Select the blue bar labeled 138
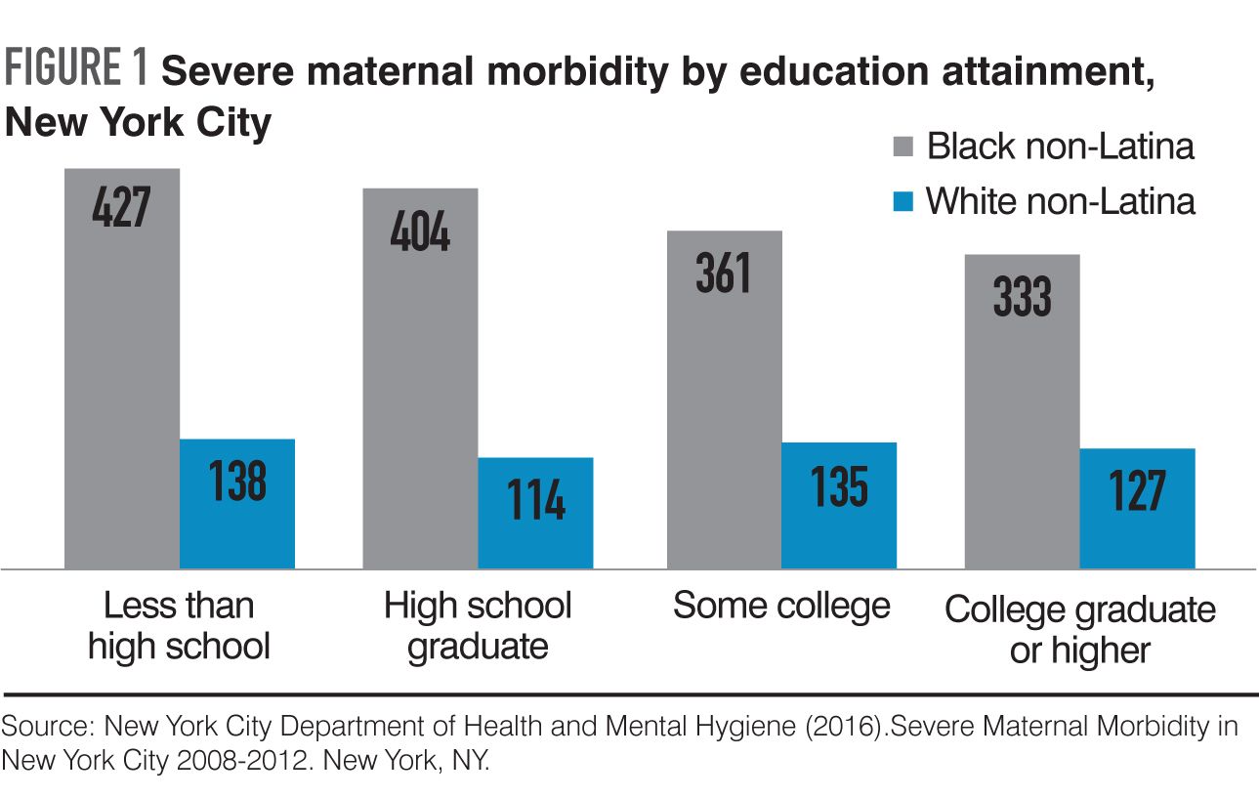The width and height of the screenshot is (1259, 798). click(x=237, y=504)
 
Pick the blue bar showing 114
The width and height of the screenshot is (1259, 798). click(x=535, y=514)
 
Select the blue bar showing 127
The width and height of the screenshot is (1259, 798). click(x=1137, y=509)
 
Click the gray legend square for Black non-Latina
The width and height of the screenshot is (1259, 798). click(x=903, y=147)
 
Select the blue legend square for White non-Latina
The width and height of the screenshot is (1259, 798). click(x=903, y=202)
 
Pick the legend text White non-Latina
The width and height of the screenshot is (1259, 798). click(x=1061, y=201)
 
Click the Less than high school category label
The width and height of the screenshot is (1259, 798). click(x=179, y=626)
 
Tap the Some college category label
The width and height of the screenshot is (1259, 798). click(x=781, y=606)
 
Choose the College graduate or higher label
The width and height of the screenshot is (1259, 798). click(x=1080, y=630)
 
